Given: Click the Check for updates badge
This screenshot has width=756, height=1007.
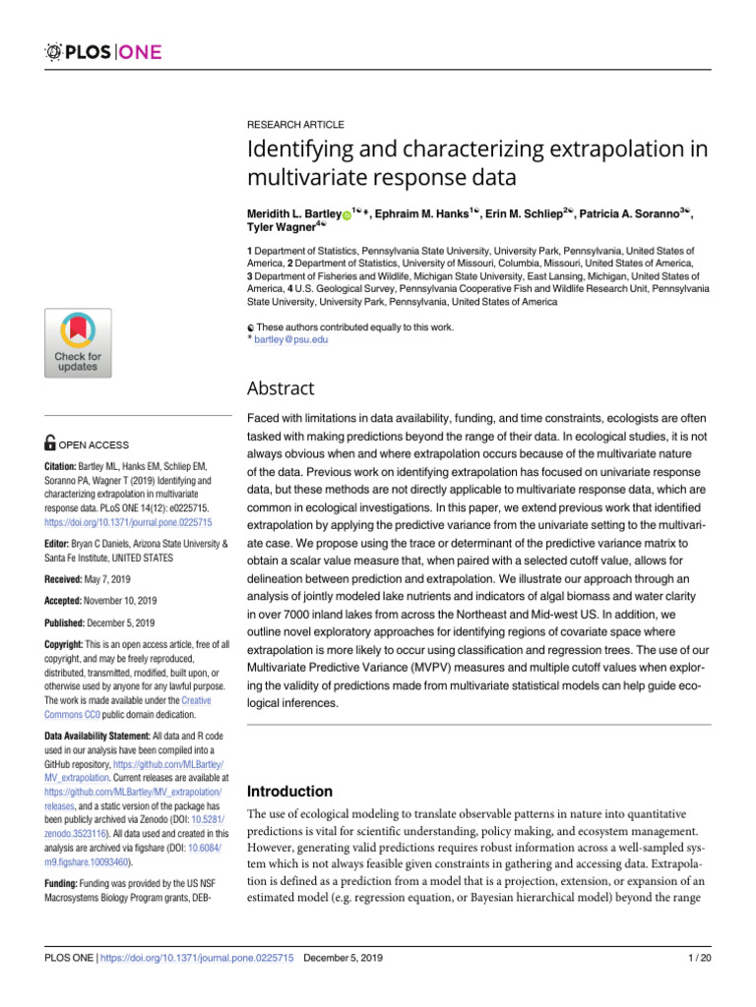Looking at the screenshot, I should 77,341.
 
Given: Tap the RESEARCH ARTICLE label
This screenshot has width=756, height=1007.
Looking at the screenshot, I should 295,126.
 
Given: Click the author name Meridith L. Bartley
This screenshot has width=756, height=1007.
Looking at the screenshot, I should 293,213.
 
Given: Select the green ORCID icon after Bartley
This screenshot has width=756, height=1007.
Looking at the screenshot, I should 347,214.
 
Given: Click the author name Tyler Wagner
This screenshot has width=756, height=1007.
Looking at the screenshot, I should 279,229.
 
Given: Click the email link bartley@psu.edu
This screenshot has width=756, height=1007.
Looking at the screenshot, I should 290,339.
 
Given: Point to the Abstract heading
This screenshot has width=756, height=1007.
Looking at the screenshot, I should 281,387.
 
